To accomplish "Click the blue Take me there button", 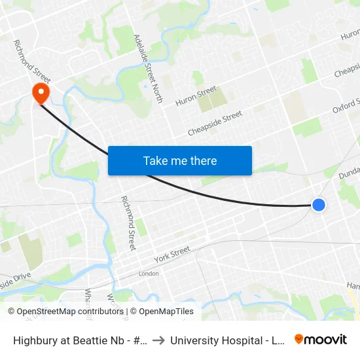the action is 180,160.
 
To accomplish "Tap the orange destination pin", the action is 41,92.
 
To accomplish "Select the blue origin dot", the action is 319,205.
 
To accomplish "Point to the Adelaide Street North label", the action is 147,64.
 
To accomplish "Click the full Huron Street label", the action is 196,96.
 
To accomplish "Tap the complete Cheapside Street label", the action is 215,124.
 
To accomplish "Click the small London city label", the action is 149,274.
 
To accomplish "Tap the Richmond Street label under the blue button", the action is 128,223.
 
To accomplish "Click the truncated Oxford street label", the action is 346,106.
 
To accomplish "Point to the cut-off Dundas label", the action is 349,173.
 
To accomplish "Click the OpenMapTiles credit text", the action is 162,312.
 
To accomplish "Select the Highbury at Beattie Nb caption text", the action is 79,340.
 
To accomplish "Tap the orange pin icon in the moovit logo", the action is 299,339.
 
